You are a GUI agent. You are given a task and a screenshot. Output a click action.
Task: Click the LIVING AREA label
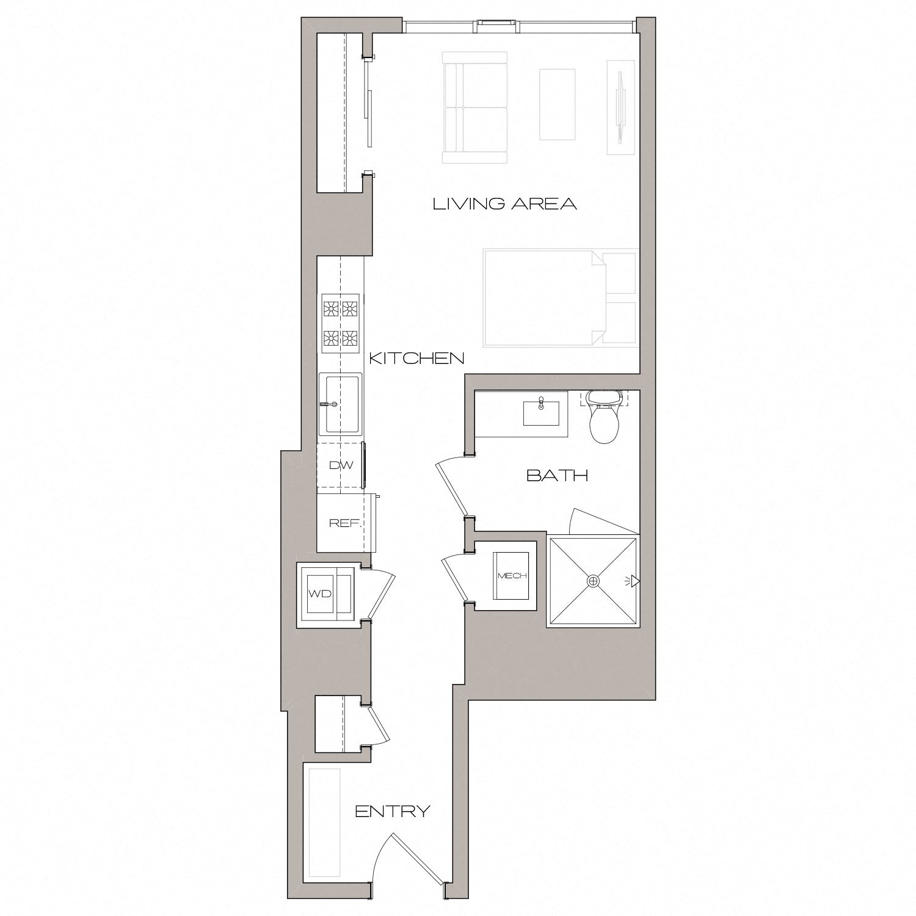(504, 204)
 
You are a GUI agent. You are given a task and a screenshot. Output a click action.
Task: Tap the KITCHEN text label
(417, 358)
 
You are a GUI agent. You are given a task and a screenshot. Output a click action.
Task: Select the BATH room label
(557, 476)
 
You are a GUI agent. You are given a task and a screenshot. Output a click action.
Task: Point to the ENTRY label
(393, 812)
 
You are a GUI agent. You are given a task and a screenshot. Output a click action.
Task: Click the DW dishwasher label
(341, 465)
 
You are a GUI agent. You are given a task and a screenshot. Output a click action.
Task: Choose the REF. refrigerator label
(346, 523)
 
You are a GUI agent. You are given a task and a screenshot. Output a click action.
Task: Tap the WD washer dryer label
(319, 594)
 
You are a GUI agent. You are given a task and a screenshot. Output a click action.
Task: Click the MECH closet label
(512, 576)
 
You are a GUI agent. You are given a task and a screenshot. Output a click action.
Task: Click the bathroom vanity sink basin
(541, 413)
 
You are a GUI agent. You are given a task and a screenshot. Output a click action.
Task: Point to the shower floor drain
(592, 581)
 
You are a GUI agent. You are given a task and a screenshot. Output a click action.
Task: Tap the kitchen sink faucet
(330, 404)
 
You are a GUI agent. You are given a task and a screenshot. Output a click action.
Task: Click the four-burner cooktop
(341, 323)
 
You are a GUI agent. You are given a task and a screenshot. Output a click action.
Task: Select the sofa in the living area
(475, 108)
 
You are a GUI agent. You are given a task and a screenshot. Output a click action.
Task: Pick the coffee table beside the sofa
(557, 104)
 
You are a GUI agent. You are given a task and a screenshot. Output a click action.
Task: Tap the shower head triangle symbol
(635, 581)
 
